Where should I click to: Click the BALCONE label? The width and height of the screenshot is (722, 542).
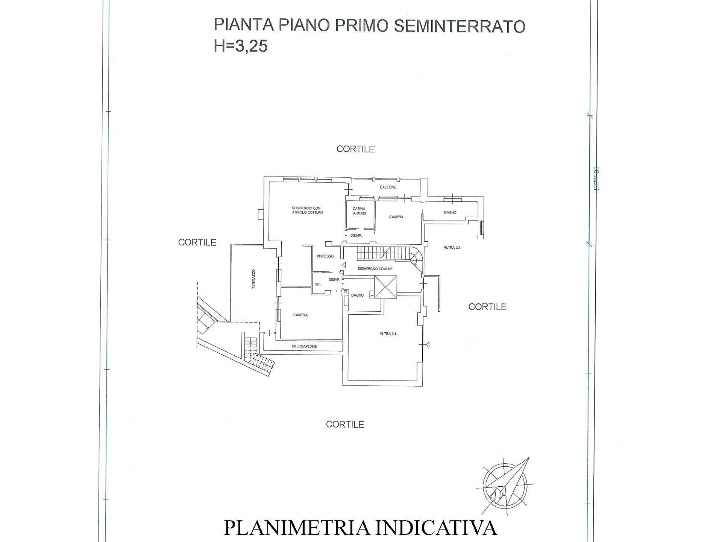click(388, 187)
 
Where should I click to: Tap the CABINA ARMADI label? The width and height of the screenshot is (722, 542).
click(359, 211)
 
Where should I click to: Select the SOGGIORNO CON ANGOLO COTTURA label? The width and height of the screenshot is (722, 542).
click(307, 210)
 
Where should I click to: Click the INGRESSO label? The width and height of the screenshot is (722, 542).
click(325, 256)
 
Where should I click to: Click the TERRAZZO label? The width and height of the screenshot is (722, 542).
click(254, 279)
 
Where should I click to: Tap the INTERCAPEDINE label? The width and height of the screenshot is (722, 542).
click(304, 346)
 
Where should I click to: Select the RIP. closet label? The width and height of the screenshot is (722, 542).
click(317, 285)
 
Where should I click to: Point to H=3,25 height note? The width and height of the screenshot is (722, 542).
click(240, 46)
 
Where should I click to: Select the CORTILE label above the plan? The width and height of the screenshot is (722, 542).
click(355, 149)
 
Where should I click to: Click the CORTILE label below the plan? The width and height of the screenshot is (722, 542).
click(345, 425)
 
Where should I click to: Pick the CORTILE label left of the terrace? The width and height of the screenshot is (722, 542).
click(197, 242)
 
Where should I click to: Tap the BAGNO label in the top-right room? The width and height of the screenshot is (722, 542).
click(450, 213)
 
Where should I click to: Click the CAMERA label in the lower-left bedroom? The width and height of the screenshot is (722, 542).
click(300, 315)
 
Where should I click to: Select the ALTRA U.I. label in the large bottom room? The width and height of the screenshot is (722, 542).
click(388, 334)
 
